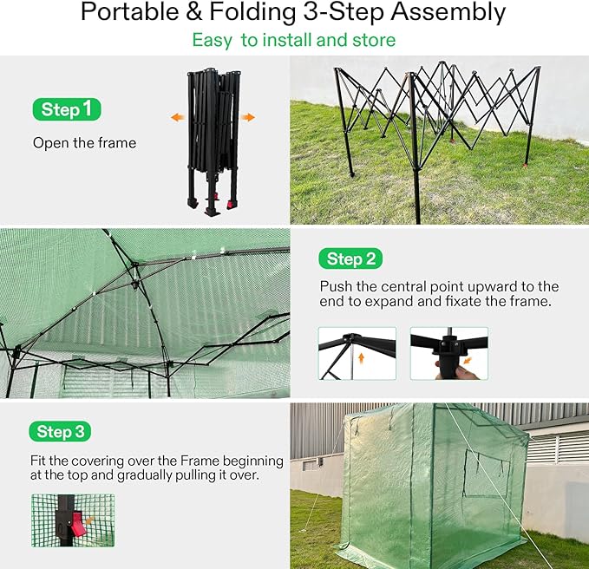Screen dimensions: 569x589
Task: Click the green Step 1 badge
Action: pos(67,109)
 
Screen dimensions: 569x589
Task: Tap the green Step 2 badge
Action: pos(350,258)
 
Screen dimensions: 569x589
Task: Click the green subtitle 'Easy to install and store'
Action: pos(293,40)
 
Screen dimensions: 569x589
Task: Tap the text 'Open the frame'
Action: pos(84,142)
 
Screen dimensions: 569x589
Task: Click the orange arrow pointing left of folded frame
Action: pos(177,117)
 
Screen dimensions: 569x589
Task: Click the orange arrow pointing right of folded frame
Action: pos(248,117)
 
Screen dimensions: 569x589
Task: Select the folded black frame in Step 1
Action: pos(212,139)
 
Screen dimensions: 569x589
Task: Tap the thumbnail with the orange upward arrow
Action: pos(357,353)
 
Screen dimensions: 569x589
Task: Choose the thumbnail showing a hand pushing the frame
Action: pos(448,353)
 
